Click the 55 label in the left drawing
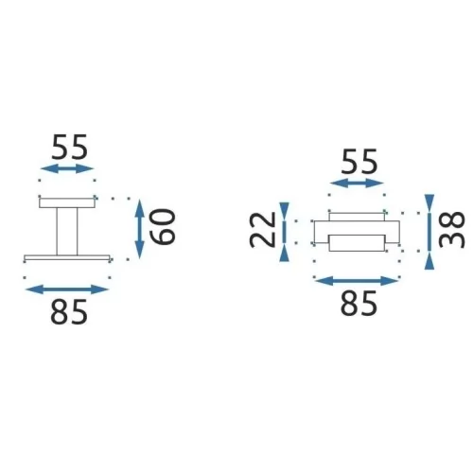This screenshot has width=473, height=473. [69, 148]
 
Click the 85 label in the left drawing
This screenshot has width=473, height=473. [69, 312]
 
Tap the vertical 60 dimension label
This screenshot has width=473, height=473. [162, 227]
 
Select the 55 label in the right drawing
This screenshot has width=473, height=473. [359, 162]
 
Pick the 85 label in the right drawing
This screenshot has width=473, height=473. [359, 303]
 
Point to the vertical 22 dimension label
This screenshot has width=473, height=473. [262, 229]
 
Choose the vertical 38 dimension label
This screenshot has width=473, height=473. [452, 230]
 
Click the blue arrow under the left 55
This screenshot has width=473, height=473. [67, 168]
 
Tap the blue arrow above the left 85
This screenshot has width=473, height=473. [67, 289]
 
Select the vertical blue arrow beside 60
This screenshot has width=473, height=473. [139, 229]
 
